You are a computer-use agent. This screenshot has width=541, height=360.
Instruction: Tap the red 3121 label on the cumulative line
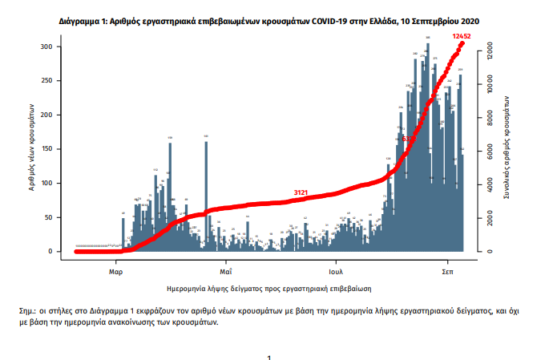click(302, 192)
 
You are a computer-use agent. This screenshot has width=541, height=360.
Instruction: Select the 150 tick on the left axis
click(48, 149)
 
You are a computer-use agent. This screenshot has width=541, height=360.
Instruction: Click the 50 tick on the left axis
click(50, 217)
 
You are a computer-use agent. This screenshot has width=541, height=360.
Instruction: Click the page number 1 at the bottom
click(270, 357)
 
